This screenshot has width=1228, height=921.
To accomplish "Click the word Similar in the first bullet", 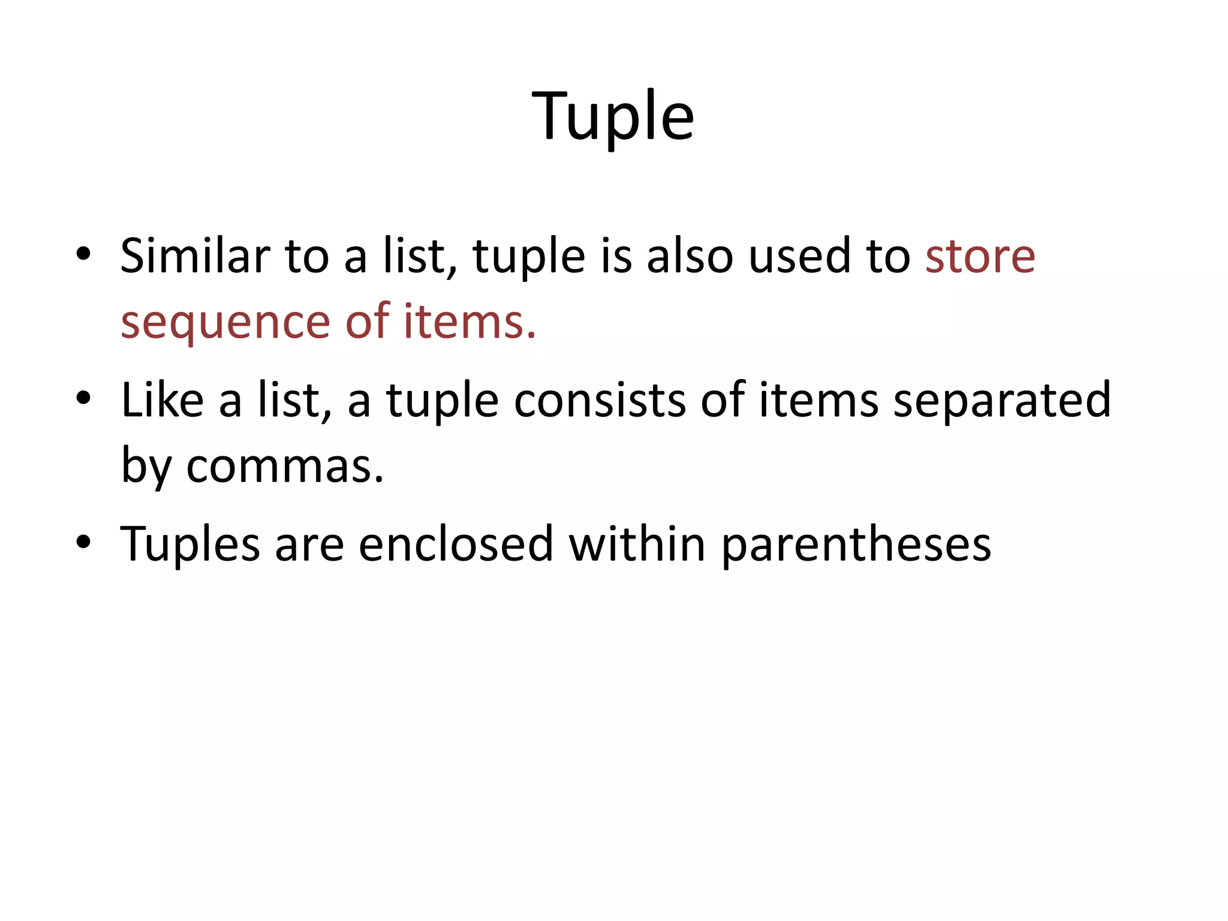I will click(x=195, y=256).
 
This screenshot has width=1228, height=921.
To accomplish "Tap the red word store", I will click(x=980, y=257).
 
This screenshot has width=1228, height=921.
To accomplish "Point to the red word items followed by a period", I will click(x=469, y=321).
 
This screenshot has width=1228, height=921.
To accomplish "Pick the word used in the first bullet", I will click(x=800, y=256).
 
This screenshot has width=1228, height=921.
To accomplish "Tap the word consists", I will click(x=600, y=400).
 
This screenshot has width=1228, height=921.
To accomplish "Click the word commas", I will click(x=285, y=466).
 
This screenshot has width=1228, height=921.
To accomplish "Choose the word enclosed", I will click(x=456, y=544).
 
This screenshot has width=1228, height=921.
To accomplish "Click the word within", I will click(x=637, y=544).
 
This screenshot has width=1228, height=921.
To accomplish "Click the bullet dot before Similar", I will click(x=83, y=254).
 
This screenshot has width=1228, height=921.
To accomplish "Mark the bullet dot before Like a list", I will click(x=83, y=398).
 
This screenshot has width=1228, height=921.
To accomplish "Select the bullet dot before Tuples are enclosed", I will click(x=83, y=541).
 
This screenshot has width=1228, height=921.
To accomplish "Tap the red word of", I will click(x=367, y=321).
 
